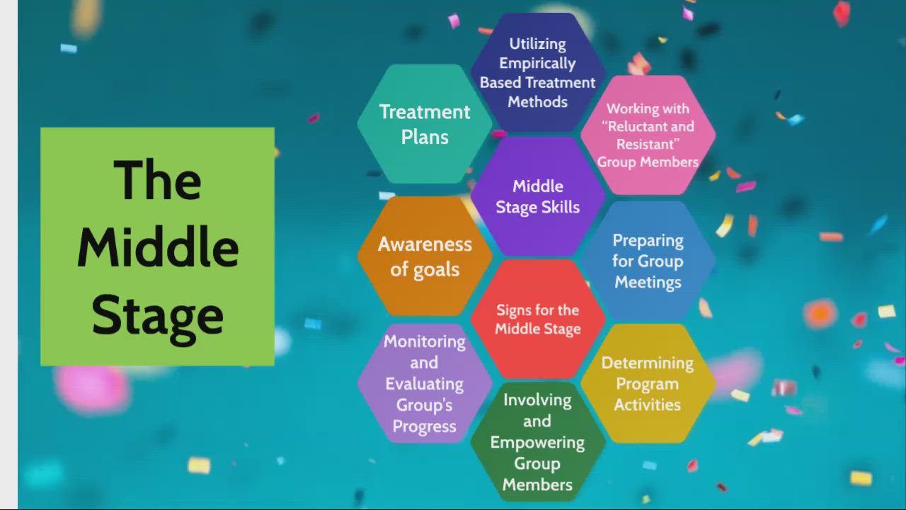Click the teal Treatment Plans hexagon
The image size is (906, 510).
pos(425,124)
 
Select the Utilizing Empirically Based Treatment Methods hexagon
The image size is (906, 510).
pos(538,72)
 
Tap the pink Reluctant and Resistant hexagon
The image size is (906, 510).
pos(648,135)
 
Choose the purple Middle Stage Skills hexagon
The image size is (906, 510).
pos(538,196)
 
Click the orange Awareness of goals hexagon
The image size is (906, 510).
pos(425,256)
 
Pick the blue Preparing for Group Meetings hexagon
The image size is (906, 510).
pos(648,261)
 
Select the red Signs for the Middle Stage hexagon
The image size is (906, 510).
pos(538,319)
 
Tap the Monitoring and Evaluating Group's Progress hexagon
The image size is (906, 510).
pos(425,383)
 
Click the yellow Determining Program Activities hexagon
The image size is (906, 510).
pos(648,383)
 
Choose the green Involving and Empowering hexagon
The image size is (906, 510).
pos(538,442)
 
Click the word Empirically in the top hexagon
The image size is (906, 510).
pos(537,63)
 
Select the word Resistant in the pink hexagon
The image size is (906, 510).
pos(643,144)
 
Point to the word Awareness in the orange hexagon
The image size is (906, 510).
pos(425,244)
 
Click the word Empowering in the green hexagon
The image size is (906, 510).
pos(537,443)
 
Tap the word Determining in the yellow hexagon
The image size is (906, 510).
pos(647,363)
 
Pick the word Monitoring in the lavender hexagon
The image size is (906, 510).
pos(425,341)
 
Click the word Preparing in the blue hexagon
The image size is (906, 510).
pos(648,240)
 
